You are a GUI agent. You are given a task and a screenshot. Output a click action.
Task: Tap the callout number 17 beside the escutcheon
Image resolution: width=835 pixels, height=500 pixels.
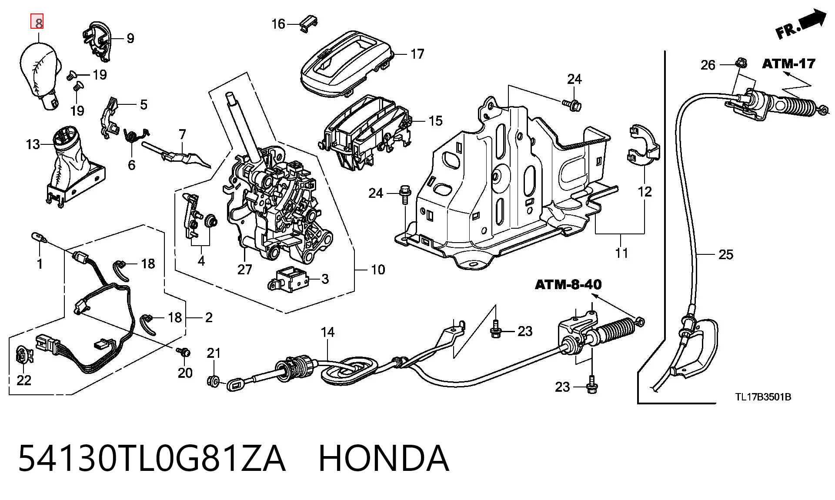tap(417, 54)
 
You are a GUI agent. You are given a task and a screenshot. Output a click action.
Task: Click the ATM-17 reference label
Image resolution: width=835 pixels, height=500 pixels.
tap(788, 64)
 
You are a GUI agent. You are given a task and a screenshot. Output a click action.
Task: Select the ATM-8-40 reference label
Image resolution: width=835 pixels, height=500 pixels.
tap(568, 285)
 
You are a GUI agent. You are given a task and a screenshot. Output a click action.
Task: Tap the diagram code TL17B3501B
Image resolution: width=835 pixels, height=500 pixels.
tap(763, 397)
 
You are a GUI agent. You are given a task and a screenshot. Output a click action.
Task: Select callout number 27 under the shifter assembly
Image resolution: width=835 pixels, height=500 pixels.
tap(244, 270)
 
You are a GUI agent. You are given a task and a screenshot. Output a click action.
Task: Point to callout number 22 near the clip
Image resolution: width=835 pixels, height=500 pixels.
tap(24, 380)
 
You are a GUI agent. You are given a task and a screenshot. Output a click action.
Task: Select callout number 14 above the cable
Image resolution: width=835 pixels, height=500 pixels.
tap(327, 332)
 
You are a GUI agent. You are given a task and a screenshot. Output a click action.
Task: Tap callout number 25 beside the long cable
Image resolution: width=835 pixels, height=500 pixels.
tap(726, 254)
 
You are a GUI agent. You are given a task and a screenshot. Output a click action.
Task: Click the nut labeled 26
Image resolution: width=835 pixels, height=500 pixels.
tap(741, 63)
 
